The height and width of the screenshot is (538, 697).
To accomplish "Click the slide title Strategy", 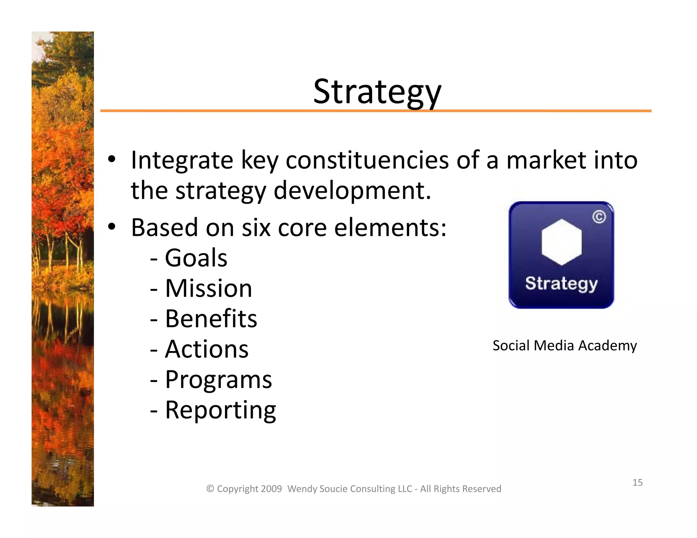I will [377, 92].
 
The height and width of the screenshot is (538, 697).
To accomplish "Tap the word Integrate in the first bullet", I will [182, 160].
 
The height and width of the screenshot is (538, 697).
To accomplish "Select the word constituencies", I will [367, 160].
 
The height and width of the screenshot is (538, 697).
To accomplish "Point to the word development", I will [352, 191].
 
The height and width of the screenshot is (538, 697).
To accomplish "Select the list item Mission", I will [208, 288].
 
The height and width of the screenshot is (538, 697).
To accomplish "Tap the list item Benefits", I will [211, 319].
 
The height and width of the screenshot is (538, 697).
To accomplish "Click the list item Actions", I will [207, 349].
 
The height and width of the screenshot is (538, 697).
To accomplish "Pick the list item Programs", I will [218, 380].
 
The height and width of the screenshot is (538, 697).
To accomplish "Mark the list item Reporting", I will [220, 410].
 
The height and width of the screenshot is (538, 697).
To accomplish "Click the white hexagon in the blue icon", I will [561, 242].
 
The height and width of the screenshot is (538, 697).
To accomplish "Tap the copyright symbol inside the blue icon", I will [599, 217].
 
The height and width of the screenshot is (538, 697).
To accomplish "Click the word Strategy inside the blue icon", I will [561, 283].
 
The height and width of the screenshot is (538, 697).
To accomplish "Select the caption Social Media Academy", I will [564, 346].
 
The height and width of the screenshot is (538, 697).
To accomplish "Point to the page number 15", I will [637, 482].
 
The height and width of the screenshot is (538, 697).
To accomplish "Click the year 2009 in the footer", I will [272, 489].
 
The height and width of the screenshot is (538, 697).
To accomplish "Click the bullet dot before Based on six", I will [112, 227].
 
